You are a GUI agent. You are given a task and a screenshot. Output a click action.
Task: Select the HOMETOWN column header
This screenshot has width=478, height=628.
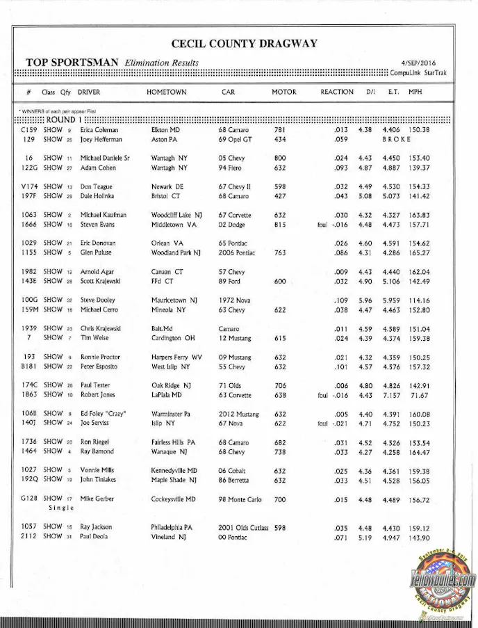pos(166,92)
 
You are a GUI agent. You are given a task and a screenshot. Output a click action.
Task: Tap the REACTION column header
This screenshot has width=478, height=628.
pos(336,92)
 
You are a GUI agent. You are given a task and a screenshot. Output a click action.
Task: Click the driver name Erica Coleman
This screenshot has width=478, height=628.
pos(99,130)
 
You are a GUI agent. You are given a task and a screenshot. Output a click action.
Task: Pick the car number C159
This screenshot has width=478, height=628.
pos(29,130)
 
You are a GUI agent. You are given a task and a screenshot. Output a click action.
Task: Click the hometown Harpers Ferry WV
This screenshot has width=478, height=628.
pos(176,357)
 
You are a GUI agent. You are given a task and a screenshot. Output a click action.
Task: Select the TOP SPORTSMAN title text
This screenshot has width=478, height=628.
pos(72,63)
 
